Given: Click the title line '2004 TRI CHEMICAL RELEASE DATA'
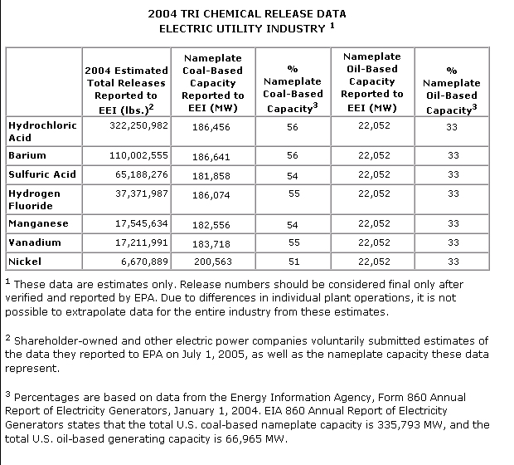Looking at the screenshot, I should [x=246, y=14].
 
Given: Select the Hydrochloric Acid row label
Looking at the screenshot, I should [x=41, y=131].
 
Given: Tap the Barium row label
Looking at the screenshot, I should [x=27, y=155].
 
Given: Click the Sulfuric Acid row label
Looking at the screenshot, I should [x=41, y=174].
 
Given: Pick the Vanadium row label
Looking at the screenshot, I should [x=34, y=242].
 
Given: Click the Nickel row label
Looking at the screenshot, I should [x=24, y=262].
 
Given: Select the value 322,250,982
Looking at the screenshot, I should [x=139, y=125].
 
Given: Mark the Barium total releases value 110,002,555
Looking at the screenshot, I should [x=139, y=155].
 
